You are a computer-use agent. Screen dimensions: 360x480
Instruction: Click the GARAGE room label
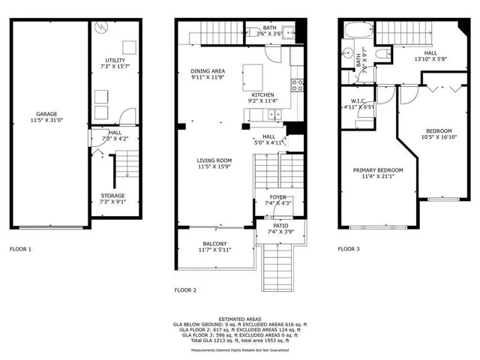click(46, 114)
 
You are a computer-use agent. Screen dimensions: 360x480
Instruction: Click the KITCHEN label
click(262, 94)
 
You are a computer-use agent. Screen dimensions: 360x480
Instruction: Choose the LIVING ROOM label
click(214, 160)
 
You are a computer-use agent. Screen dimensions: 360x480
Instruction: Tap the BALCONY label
click(214, 244)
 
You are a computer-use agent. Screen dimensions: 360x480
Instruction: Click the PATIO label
click(280, 225)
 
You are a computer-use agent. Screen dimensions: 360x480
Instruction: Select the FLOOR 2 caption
click(185, 289)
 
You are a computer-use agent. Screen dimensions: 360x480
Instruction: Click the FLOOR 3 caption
click(349, 248)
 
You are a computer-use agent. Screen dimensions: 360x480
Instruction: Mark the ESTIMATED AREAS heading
click(240, 319)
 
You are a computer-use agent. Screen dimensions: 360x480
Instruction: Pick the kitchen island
click(253, 76)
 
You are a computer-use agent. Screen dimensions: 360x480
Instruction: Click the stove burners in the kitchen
click(296, 85)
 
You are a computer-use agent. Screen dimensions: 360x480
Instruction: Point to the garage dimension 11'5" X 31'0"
click(46, 120)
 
